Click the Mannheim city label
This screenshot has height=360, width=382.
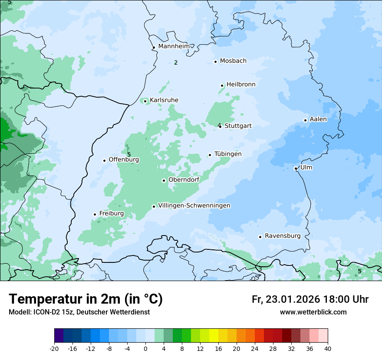(174, 46)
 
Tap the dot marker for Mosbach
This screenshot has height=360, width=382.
(215, 62)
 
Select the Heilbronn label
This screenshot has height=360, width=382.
(241, 85)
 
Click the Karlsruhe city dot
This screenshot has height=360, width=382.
(145, 101)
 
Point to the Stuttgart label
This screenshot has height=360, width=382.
(238, 126)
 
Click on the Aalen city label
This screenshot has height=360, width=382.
(318, 119)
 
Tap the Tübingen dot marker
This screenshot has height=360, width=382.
(210, 155)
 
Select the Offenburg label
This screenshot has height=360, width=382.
(124, 160)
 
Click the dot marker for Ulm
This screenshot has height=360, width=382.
(296, 168)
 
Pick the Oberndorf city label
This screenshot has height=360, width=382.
(184, 180)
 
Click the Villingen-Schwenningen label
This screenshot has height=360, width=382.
(194, 206)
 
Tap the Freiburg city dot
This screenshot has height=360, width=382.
(95, 214)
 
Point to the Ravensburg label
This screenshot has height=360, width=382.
(283, 236)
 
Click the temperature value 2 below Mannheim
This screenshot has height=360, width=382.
(176, 63)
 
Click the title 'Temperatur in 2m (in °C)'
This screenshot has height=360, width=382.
(86, 299)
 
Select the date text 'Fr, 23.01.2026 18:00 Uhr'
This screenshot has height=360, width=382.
(310, 299)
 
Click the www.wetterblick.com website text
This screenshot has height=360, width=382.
(313, 312)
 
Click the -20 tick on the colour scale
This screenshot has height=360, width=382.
(54, 349)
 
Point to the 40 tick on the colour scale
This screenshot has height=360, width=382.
(328, 349)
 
